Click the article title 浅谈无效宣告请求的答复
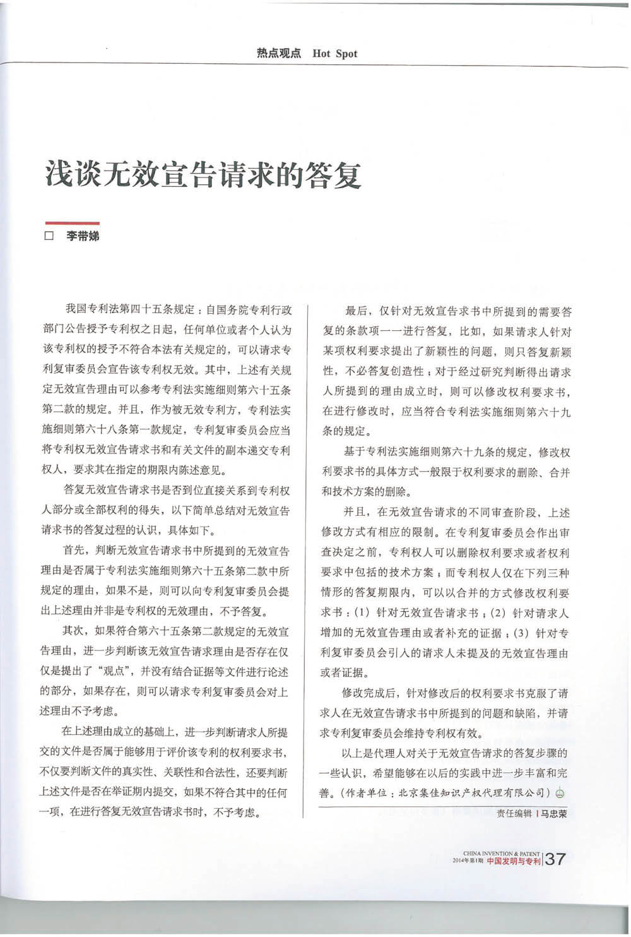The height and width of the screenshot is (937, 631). pyautogui.click(x=203, y=174)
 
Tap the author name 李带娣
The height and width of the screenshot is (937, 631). pyautogui.click(x=83, y=237)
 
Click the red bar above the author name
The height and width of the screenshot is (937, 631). pyautogui.click(x=72, y=223)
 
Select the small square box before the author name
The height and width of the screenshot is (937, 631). pyautogui.click(x=49, y=237)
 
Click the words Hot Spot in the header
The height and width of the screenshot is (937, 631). pyautogui.click(x=335, y=54)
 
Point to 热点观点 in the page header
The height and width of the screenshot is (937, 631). pyautogui.click(x=278, y=54)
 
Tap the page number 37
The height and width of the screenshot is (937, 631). pyautogui.click(x=555, y=859)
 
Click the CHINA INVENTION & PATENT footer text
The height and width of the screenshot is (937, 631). pyautogui.click(x=501, y=853)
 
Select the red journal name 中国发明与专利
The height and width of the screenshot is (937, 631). pyautogui.click(x=514, y=861)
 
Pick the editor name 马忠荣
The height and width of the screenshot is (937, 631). pyautogui.click(x=553, y=813)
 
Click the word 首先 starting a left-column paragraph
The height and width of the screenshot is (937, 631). pyautogui.click(x=73, y=551)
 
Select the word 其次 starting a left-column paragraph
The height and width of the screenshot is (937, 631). pyautogui.click(x=73, y=631)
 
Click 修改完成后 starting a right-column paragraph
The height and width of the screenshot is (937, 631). pyautogui.click(x=370, y=693)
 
